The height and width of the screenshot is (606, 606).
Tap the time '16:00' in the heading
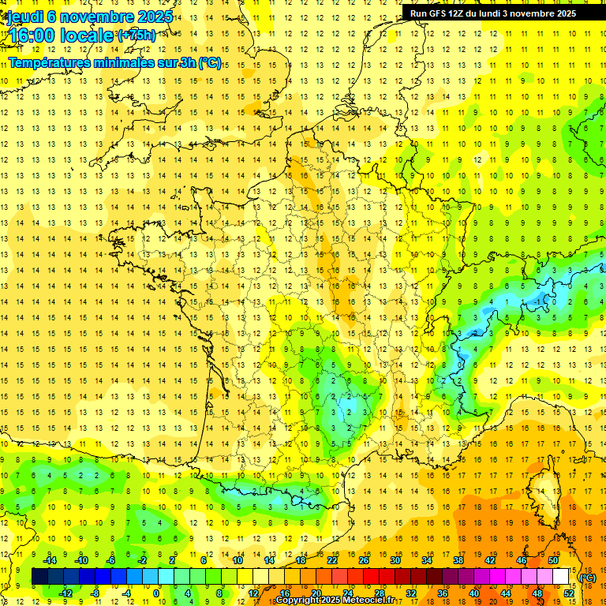click(32, 36)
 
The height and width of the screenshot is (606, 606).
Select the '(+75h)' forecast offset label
click(137, 35)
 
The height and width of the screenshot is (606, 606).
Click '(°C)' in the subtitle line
click(209, 63)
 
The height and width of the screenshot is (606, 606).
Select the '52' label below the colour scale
click(569, 593)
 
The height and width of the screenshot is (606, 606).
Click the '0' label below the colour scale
click(157, 593)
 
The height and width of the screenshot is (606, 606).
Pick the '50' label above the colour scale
click(553, 560)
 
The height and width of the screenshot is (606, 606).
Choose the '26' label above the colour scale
click(364, 560)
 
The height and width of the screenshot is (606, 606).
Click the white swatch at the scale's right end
click(561, 577)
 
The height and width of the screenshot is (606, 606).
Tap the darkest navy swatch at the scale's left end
click(40, 577)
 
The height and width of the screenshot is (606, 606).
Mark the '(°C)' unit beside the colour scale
click(588, 578)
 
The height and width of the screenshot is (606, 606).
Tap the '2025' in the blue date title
click(154, 17)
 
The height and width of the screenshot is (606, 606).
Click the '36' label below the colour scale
click(443, 593)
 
